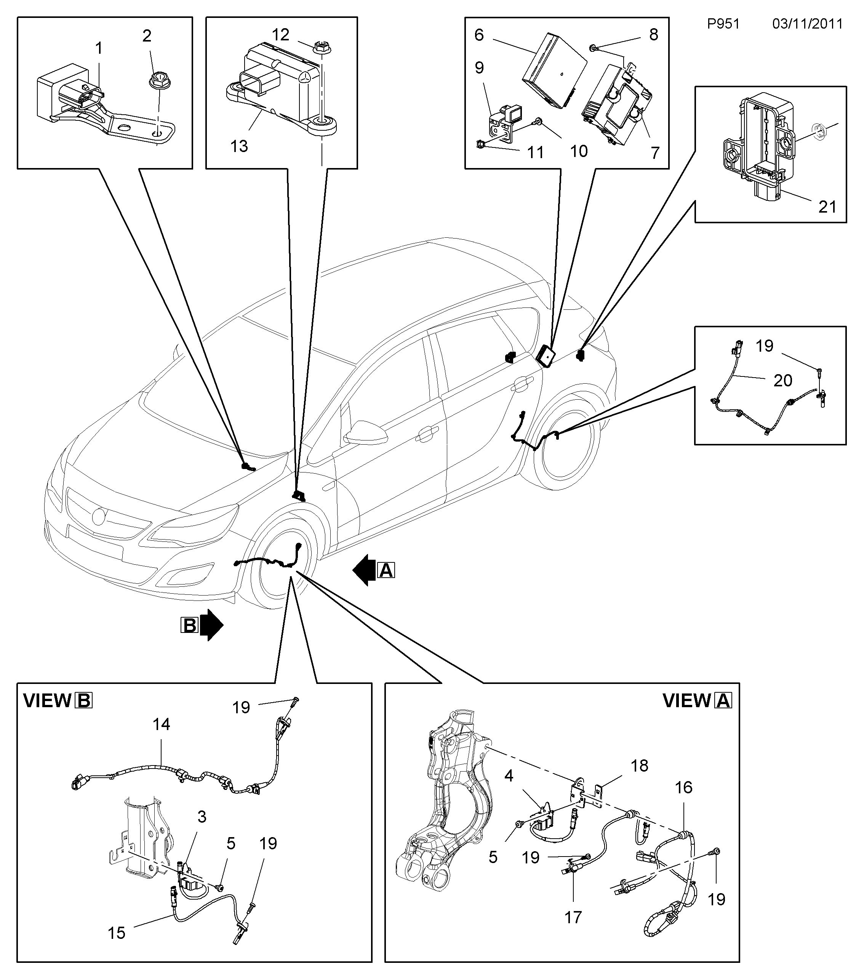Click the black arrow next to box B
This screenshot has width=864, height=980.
(x=211, y=625)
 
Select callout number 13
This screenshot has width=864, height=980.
(x=239, y=146)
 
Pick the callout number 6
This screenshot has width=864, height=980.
(x=479, y=35)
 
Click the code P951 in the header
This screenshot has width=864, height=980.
(x=723, y=24)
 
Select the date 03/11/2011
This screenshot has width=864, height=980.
(x=807, y=24)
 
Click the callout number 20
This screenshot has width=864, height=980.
(x=783, y=380)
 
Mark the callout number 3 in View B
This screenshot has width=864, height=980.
(x=202, y=817)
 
